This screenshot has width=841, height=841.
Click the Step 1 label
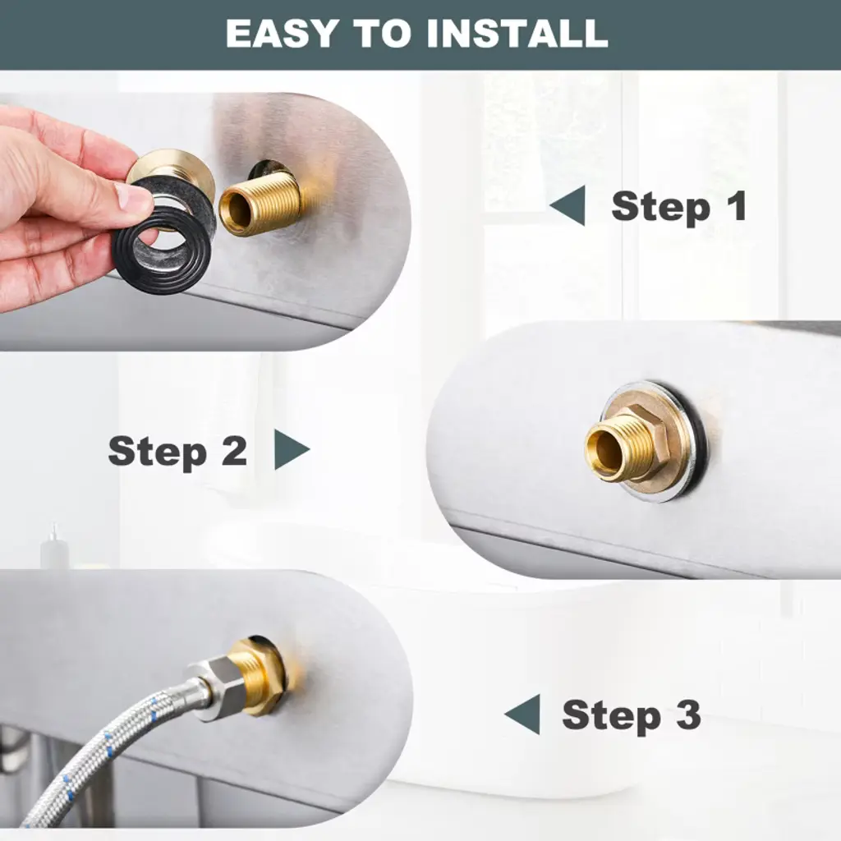pyautogui.click(x=679, y=207)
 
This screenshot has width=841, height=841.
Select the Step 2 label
pyautogui.click(x=177, y=452)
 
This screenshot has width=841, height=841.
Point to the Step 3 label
pyautogui.click(x=632, y=715)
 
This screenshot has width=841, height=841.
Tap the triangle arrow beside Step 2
pyautogui.click(x=291, y=449)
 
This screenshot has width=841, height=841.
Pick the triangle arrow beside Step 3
pyautogui.click(x=524, y=714)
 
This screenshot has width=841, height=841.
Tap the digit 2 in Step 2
pyautogui.click(x=234, y=450)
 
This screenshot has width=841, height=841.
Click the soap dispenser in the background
pyautogui.click(x=53, y=546)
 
